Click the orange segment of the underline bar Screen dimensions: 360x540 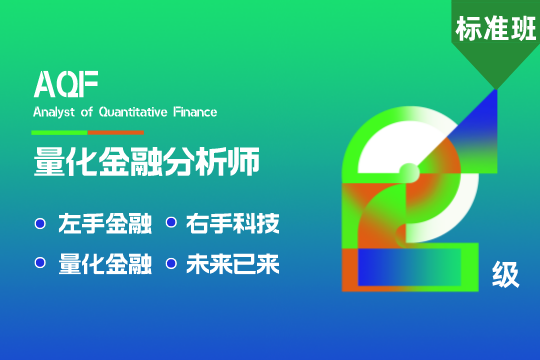click(115, 132)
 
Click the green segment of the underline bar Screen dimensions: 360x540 click(60, 132)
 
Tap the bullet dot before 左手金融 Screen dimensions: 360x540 click(40, 223)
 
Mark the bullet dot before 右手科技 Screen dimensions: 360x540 click(170, 223)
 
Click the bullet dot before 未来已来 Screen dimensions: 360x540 click(170, 264)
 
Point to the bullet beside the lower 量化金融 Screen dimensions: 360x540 click(40, 264)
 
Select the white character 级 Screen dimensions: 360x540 click(506, 274)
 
